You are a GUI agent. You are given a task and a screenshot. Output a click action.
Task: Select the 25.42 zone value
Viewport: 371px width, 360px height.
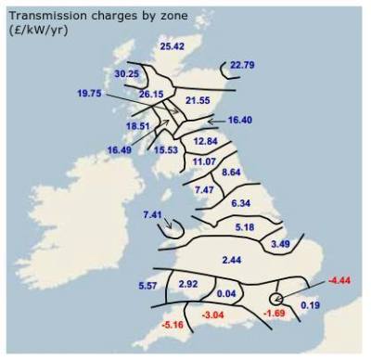click(173, 45)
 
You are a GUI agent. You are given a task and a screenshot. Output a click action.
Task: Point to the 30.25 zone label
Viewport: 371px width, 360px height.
click(126, 73)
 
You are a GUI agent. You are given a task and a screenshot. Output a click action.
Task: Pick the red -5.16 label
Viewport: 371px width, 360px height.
click(172, 326)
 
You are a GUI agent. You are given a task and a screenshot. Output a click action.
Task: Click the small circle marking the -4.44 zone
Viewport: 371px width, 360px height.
click(275, 298)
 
